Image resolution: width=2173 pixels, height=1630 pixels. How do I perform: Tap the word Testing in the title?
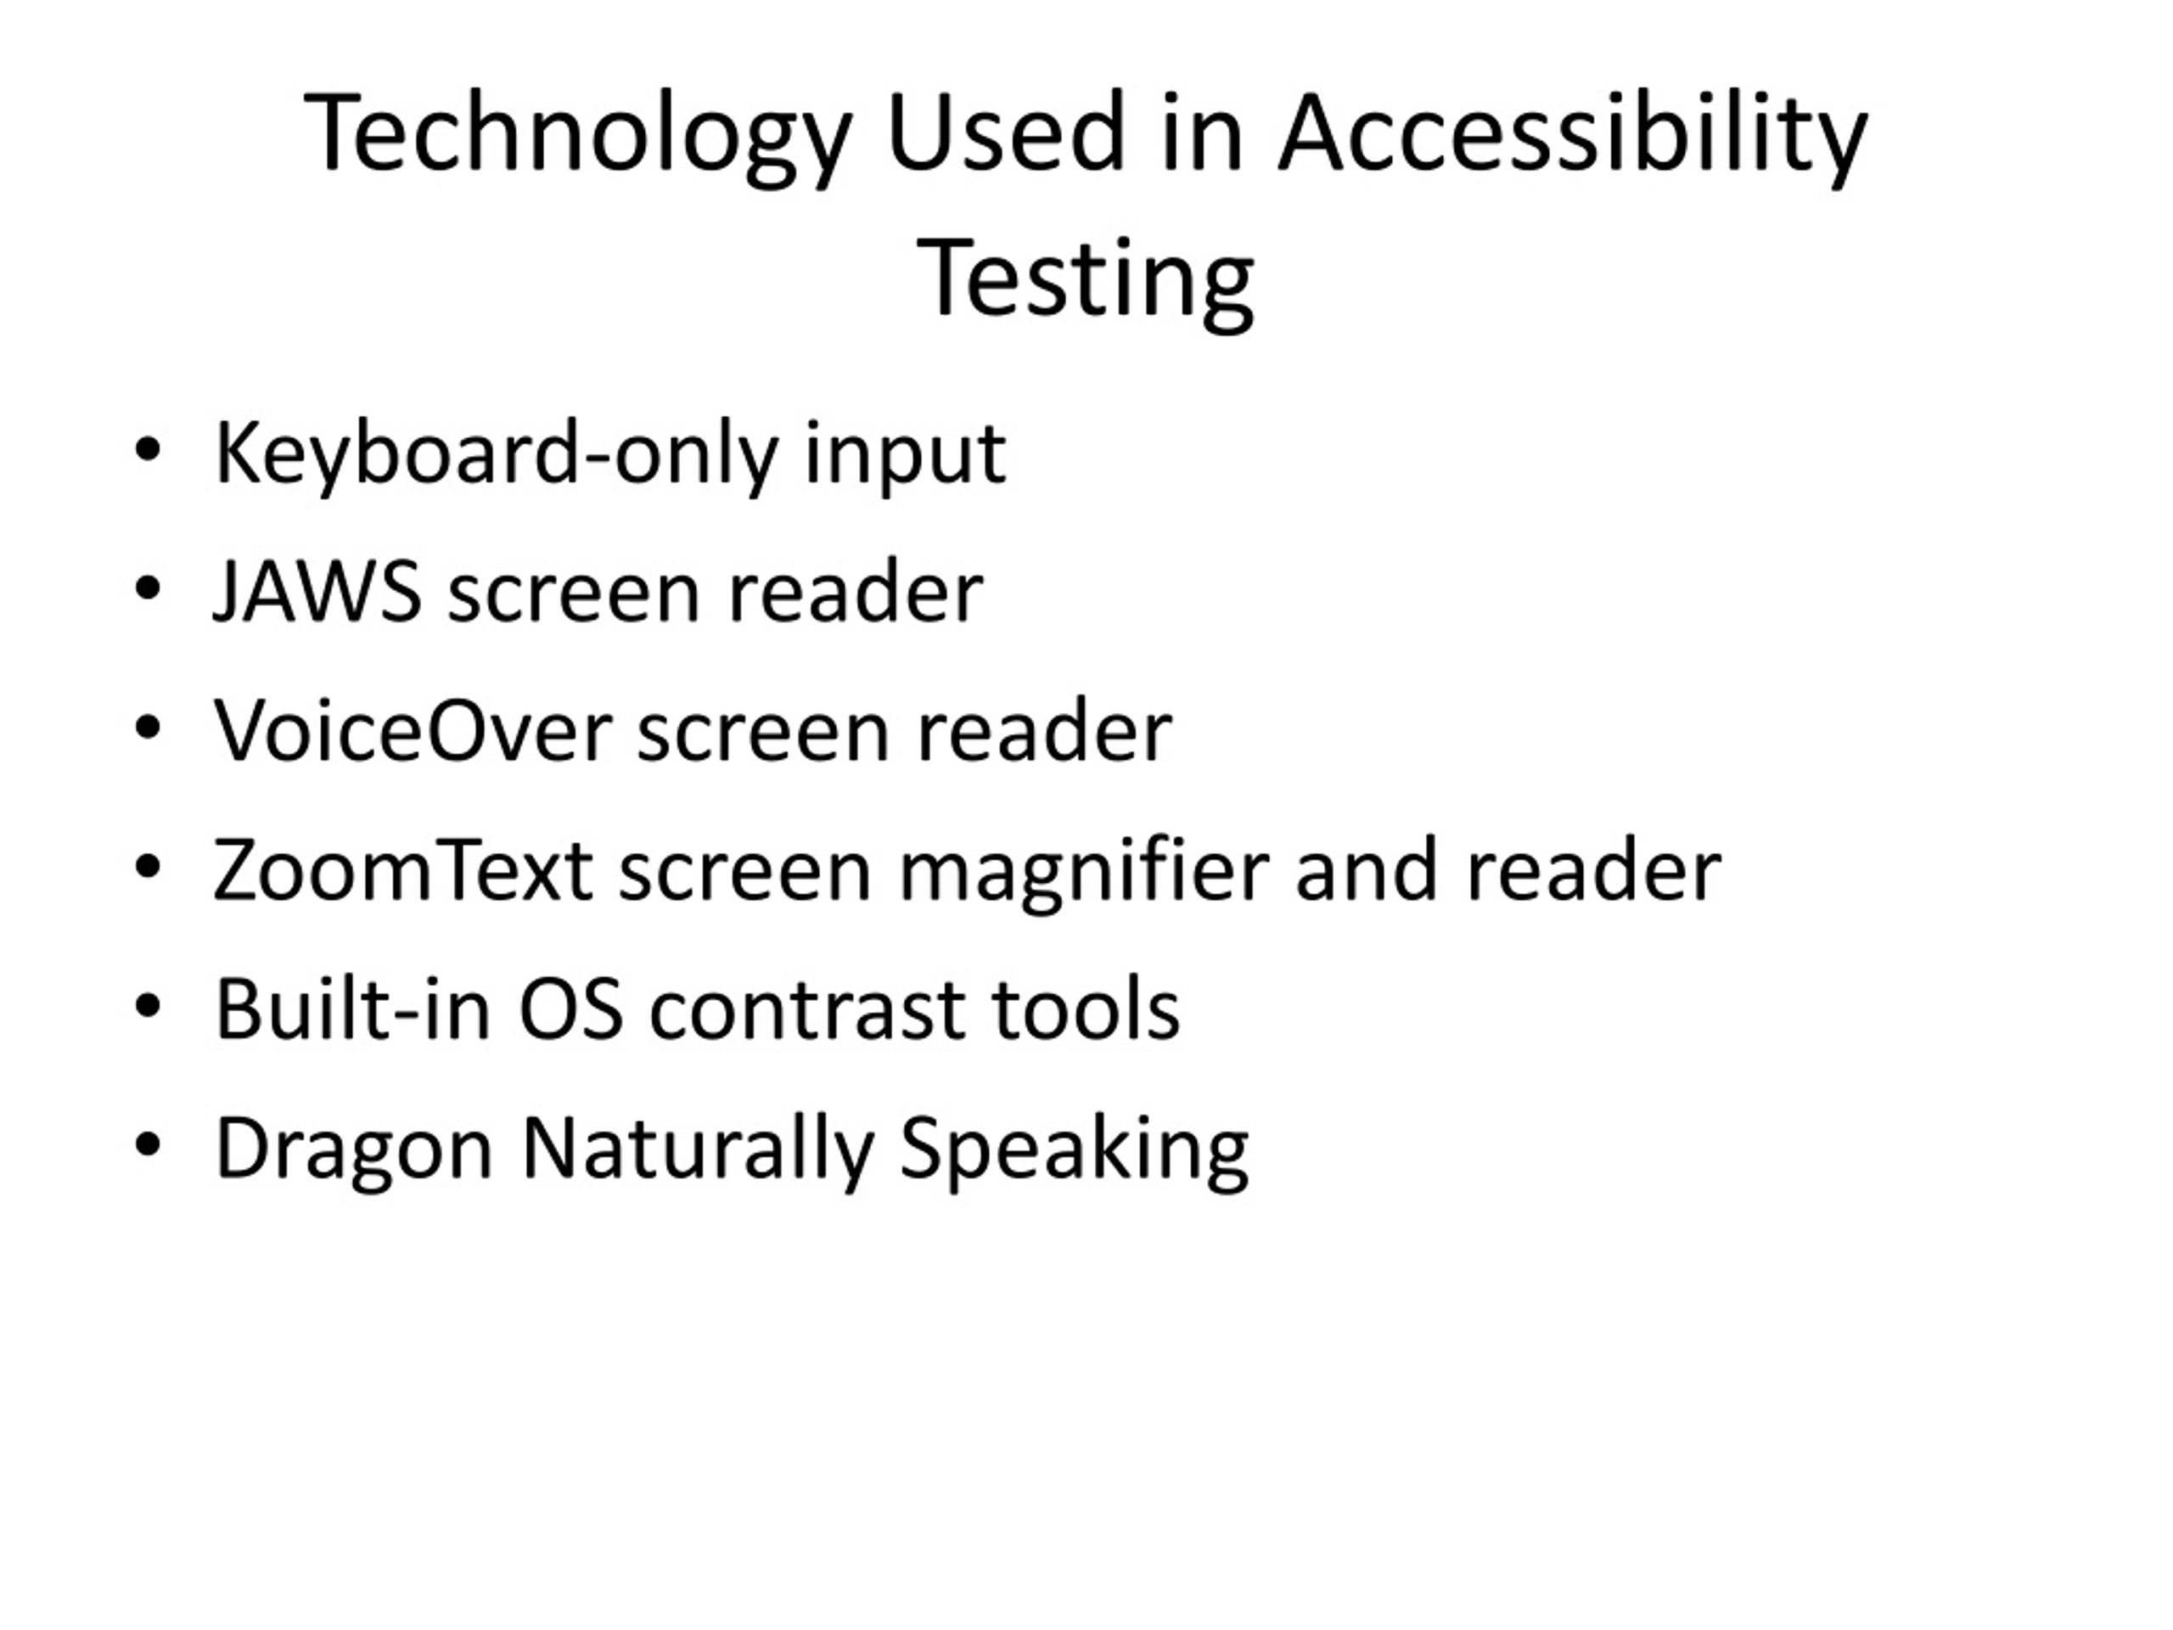tap(1085, 280)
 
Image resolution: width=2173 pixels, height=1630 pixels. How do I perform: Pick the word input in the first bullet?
tap(905, 454)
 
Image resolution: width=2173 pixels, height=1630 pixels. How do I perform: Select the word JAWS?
tap(317, 593)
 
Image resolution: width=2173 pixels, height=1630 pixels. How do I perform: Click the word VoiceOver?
tap(413, 732)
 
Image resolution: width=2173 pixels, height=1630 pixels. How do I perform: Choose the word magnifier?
tap(1084, 873)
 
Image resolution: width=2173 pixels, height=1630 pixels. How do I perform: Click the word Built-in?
tap(352, 1009)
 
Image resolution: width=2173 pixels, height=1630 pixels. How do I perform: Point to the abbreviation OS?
tap(570, 1010)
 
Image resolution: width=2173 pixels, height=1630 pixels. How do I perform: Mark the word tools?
tap(1086, 1009)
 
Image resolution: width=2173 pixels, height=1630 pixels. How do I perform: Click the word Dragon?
tap(352, 1149)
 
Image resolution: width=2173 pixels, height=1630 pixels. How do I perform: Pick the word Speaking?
tap(1073, 1149)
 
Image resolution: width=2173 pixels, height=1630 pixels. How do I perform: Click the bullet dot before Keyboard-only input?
tap(148, 452)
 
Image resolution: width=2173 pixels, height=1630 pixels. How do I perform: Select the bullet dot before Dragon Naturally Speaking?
tap(148, 1144)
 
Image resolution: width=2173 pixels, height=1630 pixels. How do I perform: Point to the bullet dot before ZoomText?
tap(148, 868)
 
